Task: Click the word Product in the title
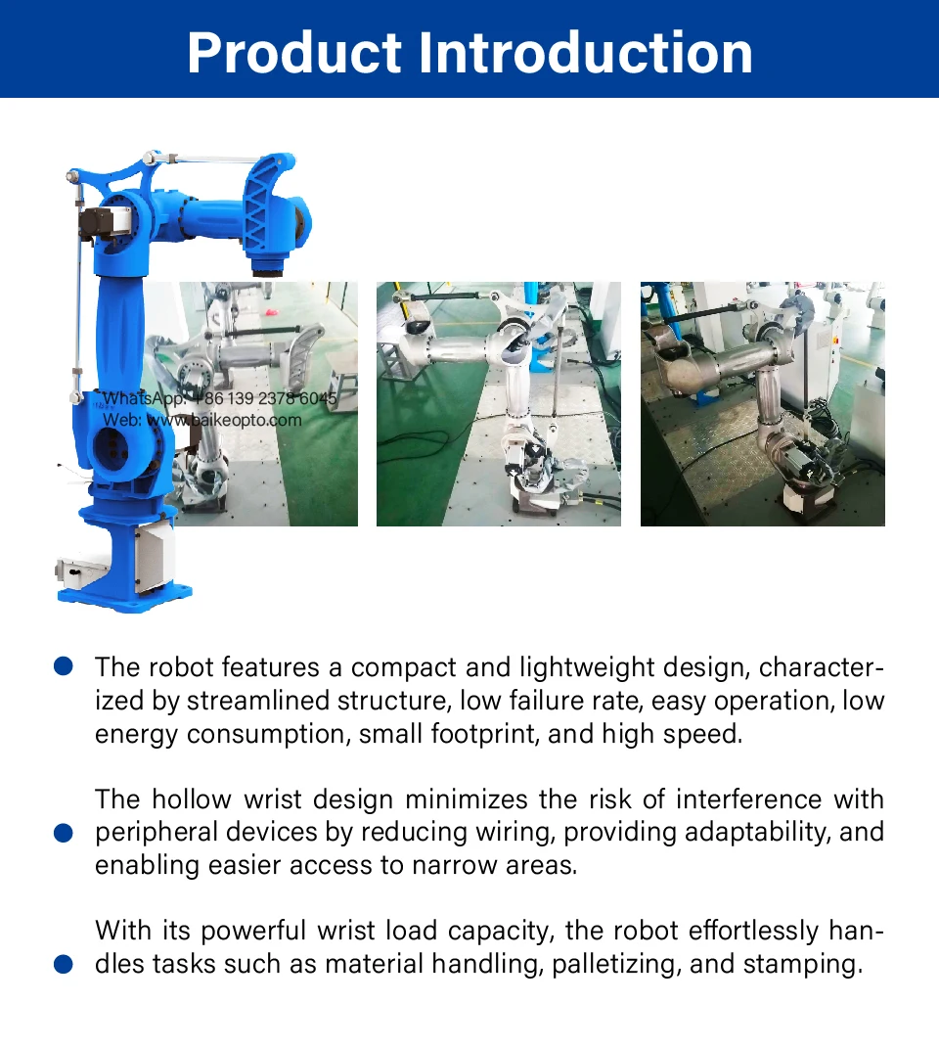click(296, 53)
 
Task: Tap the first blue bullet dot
click(64, 666)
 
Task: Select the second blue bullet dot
click(64, 833)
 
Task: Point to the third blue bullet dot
click(64, 964)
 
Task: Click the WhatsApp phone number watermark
click(264, 399)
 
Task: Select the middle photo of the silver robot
click(499, 404)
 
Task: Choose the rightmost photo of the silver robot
click(763, 404)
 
